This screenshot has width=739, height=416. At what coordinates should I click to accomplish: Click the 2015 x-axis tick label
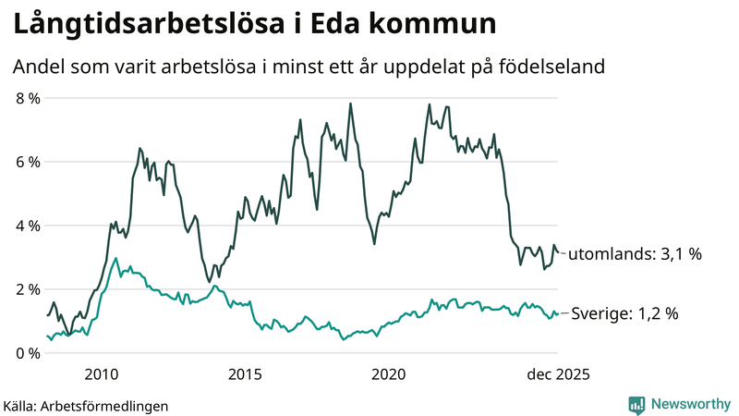pyautogui.click(x=245, y=374)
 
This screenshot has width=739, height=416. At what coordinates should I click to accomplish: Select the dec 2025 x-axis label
pyautogui.click(x=557, y=374)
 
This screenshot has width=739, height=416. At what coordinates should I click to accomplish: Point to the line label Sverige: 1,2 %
pyautogui.click(x=624, y=314)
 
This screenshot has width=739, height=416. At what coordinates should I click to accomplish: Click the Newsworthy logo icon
pyautogui.click(x=636, y=404)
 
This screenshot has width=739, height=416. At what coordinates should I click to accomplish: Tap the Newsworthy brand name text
pyautogui.click(x=691, y=404)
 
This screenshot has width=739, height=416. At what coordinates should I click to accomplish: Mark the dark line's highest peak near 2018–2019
pyautogui.click(x=350, y=104)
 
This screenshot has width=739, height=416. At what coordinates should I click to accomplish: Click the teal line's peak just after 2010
pyautogui.click(x=115, y=258)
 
